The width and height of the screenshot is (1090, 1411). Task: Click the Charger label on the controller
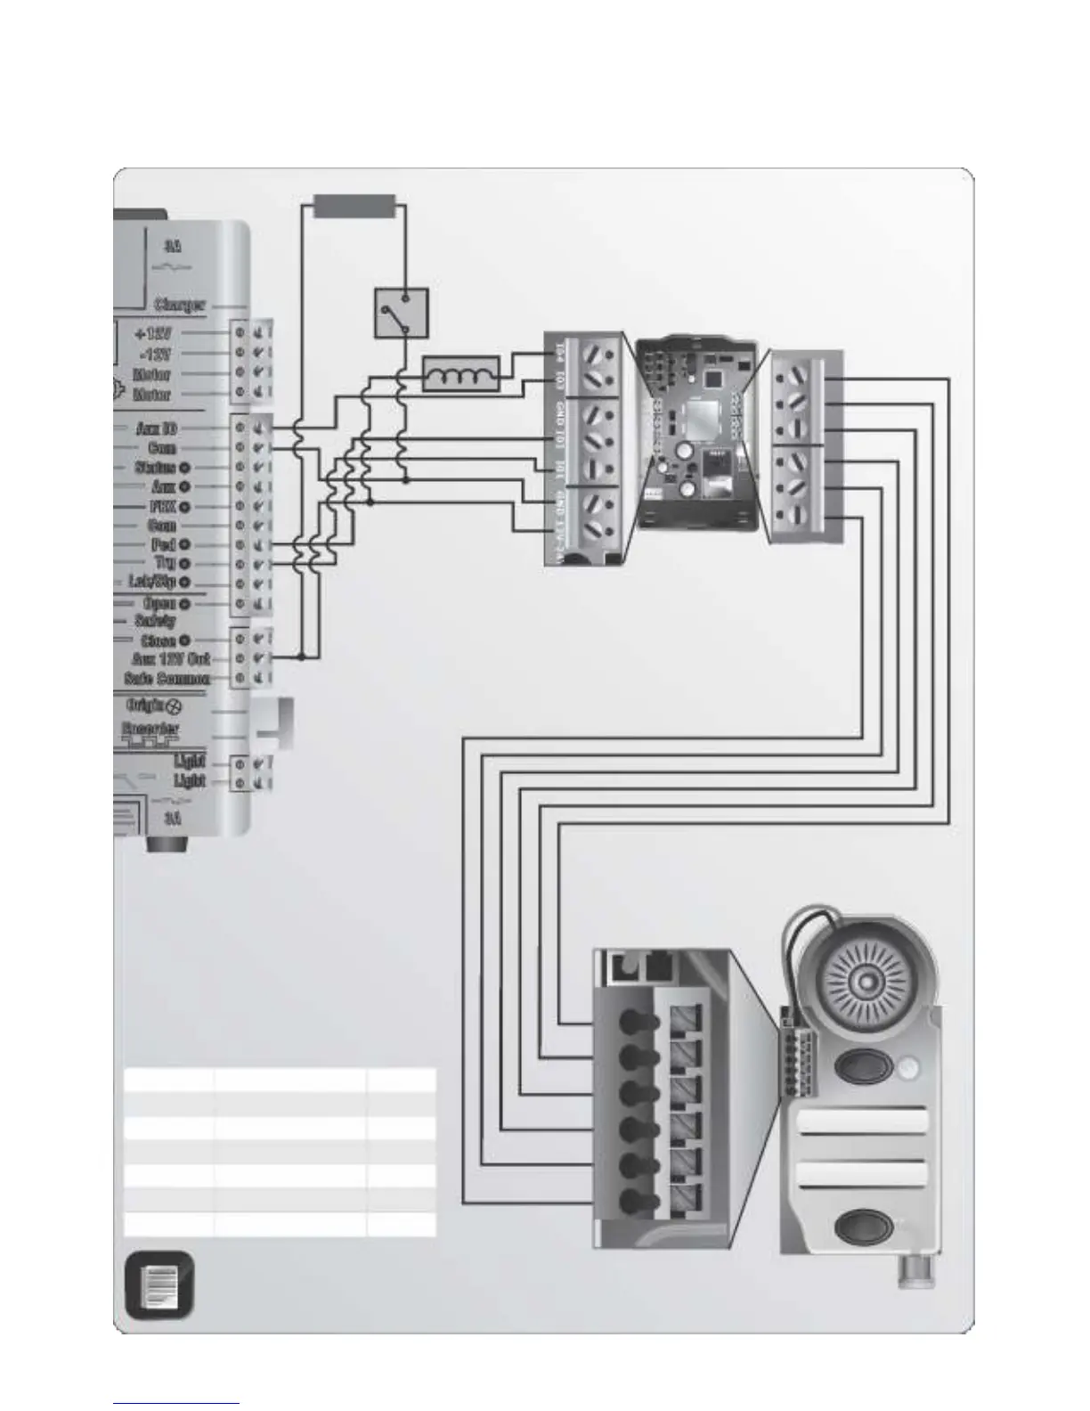(x=180, y=305)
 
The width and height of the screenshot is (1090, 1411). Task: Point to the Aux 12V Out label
(x=170, y=659)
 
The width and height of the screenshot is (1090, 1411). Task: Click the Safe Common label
(x=167, y=679)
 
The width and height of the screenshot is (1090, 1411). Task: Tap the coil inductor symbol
(x=460, y=374)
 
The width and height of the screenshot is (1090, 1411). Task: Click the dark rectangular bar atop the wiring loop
(x=353, y=207)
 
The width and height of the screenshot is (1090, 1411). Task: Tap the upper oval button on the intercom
(x=859, y=1068)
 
